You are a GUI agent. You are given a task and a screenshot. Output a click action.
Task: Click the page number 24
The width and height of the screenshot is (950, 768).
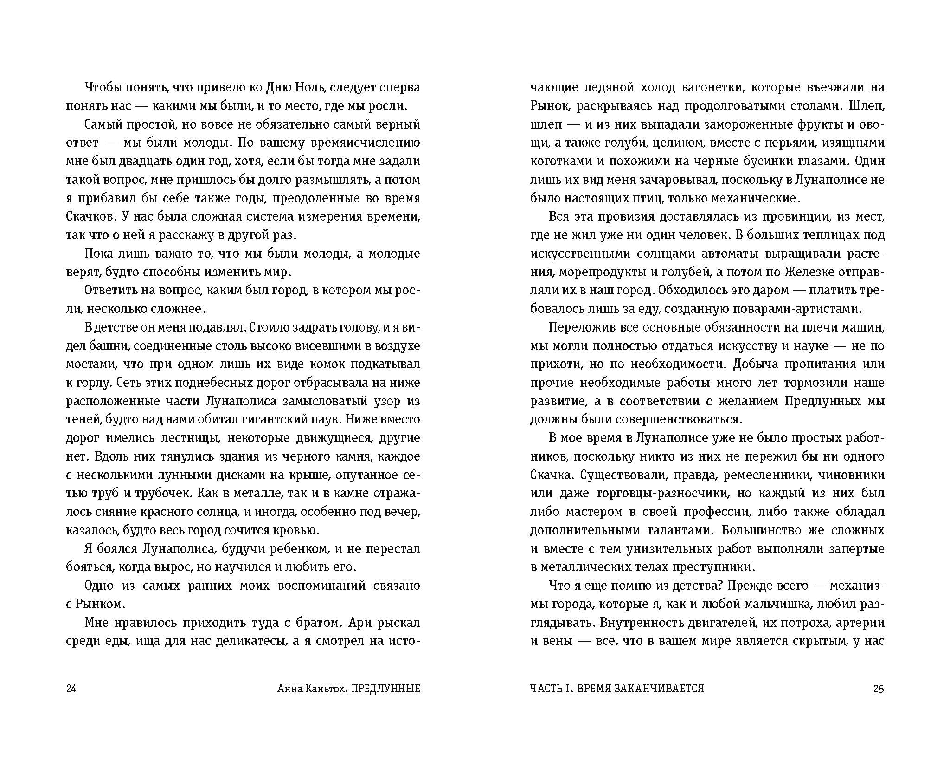pyautogui.click(x=71, y=688)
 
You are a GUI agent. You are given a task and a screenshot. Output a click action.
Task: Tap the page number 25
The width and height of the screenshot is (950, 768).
pyautogui.click(x=879, y=688)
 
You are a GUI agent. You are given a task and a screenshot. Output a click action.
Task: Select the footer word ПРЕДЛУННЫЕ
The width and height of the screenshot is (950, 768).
pyautogui.click(x=385, y=688)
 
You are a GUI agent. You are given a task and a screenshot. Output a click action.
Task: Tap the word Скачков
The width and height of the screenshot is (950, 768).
pyautogui.click(x=91, y=216)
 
